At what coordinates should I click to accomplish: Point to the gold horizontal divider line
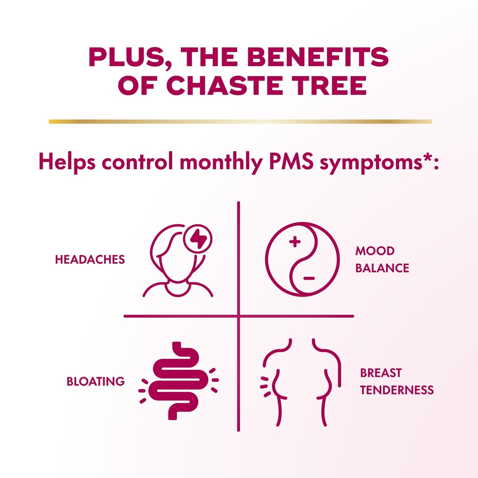coord(240,121)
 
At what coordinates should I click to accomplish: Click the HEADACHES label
coord(90,260)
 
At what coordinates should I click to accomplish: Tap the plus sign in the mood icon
coord(294,242)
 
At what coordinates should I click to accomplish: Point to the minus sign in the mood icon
coord(309,279)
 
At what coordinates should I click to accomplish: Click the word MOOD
coord(375,251)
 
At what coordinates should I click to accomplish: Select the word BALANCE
coord(382,268)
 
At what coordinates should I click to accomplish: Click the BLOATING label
coord(96,381)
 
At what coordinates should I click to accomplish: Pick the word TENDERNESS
coord(397,390)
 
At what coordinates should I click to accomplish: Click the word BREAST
coord(380,373)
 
